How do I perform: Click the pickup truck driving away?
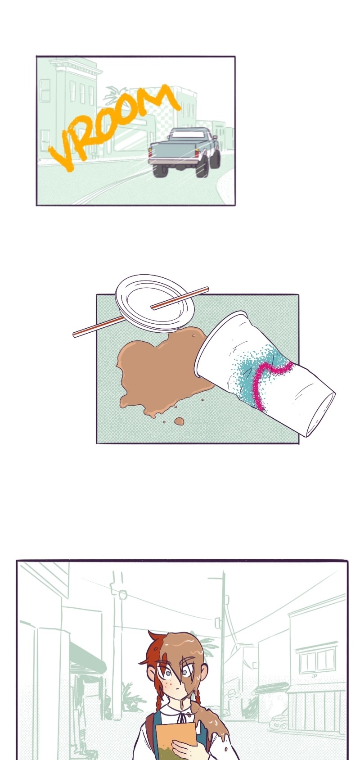tap(184, 152)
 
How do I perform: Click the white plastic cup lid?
tap(155, 303)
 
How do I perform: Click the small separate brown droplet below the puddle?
tap(179, 421)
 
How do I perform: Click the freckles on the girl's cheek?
tap(166, 683)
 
